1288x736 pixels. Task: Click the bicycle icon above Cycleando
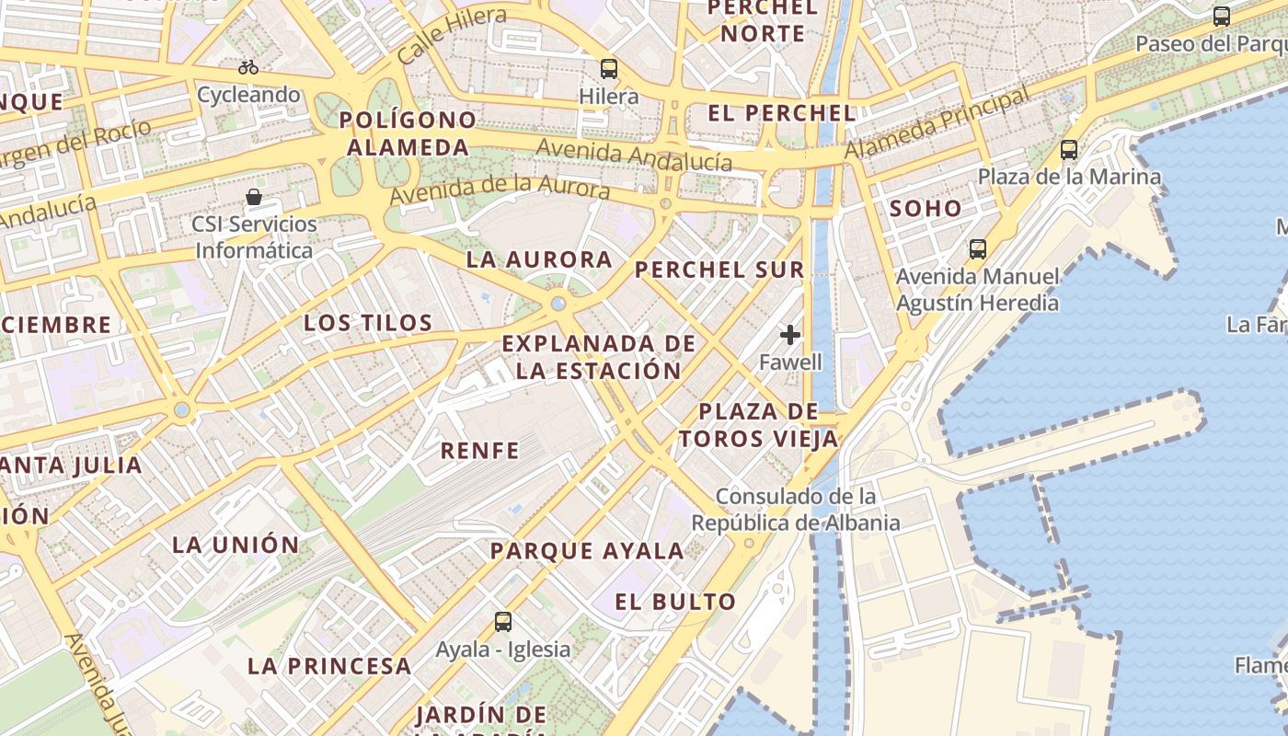point(247,67)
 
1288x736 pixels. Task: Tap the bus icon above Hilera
point(608,69)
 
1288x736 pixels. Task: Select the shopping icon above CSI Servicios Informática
point(254,197)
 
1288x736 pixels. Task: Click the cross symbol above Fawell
point(790,335)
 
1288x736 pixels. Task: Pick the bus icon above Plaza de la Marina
point(1068,149)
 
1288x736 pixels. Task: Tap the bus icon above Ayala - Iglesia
point(502,621)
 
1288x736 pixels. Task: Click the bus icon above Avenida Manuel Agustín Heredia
point(977,248)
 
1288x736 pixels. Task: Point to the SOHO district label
point(926,209)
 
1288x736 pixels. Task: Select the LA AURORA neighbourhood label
point(539,259)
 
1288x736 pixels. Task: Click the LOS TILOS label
point(368,323)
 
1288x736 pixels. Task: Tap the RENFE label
point(479,451)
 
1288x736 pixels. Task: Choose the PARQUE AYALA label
point(587,551)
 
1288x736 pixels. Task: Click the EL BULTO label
point(675,603)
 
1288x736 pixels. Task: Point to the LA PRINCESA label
point(329,666)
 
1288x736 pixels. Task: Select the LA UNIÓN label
point(236,545)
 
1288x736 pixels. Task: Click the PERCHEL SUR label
point(719,270)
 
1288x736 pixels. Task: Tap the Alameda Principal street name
point(937,122)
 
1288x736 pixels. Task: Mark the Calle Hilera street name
point(452,36)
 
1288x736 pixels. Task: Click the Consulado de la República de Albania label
point(796,510)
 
